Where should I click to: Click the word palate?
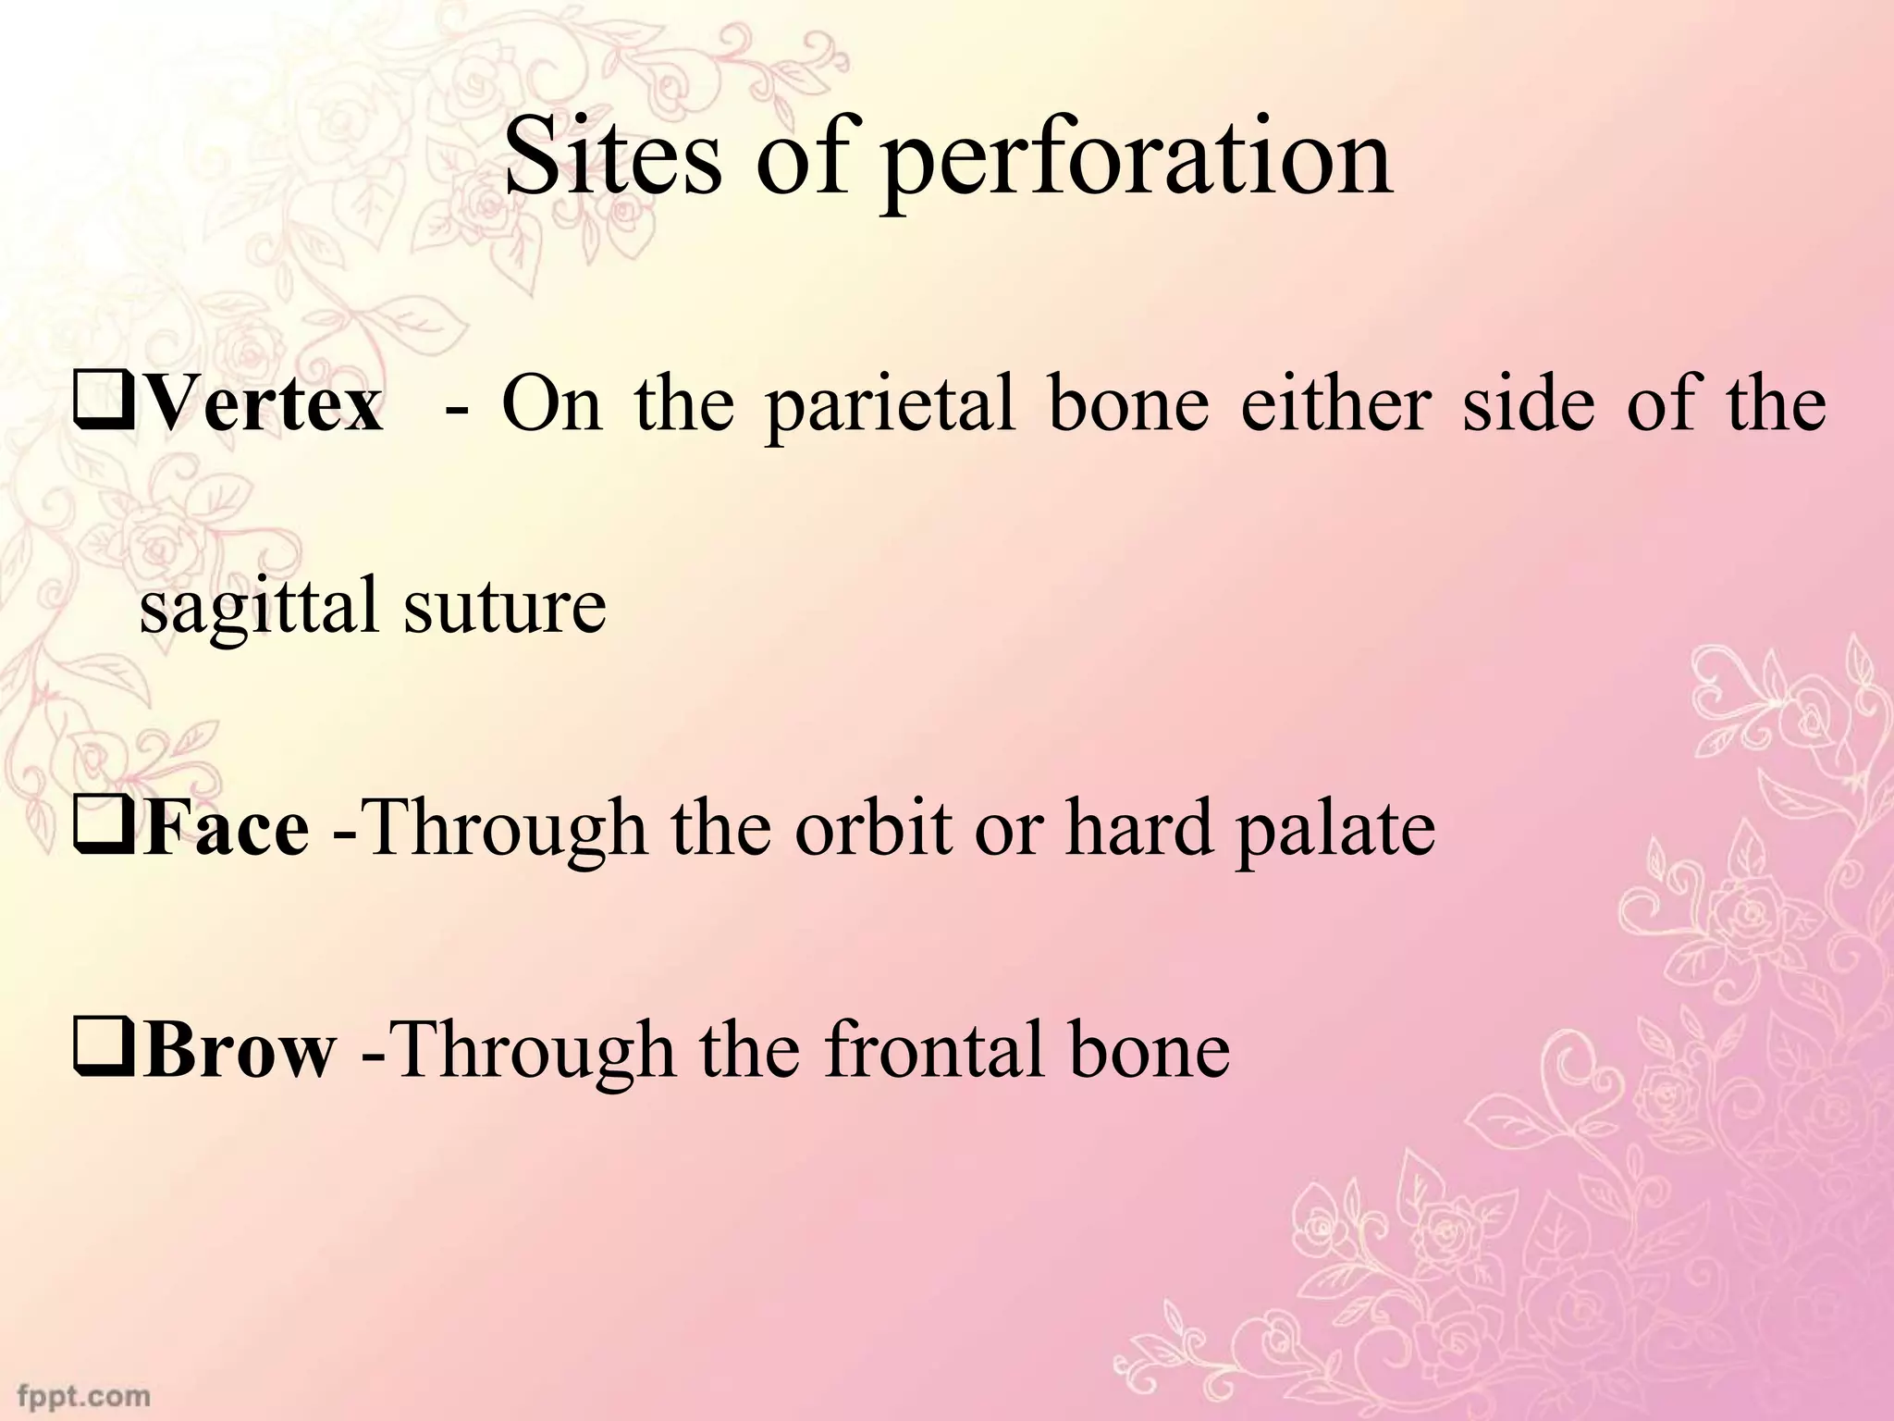click(x=1335, y=831)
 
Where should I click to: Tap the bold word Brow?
click(x=239, y=1052)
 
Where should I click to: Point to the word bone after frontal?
click(x=1150, y=1052)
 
